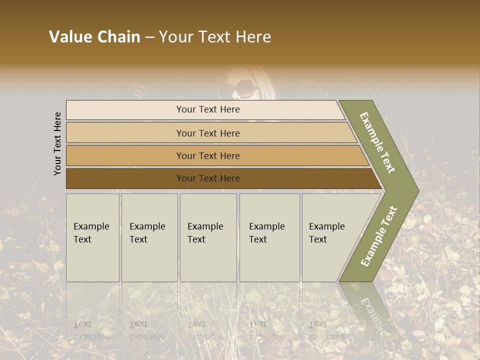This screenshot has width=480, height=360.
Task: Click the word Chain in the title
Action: click(x=118, y=37)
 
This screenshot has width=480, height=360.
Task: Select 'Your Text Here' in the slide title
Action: click(x=215, y=37)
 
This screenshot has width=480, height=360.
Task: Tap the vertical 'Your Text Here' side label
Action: click(x=57, y=143)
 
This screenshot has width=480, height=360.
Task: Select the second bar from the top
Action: click(x=208, y=133)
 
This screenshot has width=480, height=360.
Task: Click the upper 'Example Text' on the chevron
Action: click(x=377, y=142)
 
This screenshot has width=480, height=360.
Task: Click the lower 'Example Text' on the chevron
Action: click(x=379, y=236)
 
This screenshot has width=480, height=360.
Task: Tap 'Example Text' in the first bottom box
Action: click(x=91, y=233)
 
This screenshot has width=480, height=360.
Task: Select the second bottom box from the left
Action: click(x=149, y=237)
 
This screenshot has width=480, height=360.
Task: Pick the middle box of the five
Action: click(x=208, y=237)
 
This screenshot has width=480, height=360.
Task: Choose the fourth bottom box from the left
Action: click(x=269, y=237)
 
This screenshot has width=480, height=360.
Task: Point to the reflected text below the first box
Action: click(x=91, y=330)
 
